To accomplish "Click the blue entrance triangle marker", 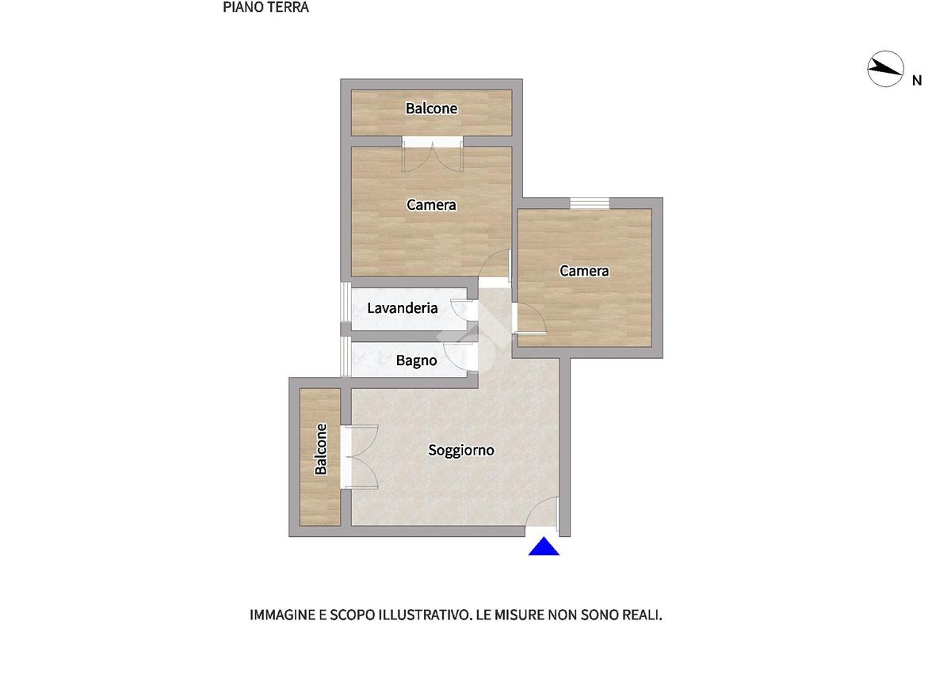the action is (x=544, y=546).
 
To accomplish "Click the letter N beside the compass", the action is (x=917, y=81).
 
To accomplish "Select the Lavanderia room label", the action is (x=402, y=308).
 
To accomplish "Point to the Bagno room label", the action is (x=417, y=361).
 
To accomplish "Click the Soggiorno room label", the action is (x=461, y=450).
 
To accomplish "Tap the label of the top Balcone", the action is (x=431, y=109).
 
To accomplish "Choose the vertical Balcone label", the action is (x=320, y=449).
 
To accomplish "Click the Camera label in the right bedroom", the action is (x=584, y=271).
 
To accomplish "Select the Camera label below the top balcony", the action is (x=431, y=205).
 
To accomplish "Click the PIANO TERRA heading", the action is (x=265, y=7).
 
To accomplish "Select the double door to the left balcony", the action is (x=359, y=457).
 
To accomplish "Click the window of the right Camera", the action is (x=590, y=204).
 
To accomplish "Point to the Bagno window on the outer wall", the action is (x=346, y=356).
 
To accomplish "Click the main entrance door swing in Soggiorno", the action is (x=542, y=512).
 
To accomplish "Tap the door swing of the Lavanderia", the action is (x=460, y=309).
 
